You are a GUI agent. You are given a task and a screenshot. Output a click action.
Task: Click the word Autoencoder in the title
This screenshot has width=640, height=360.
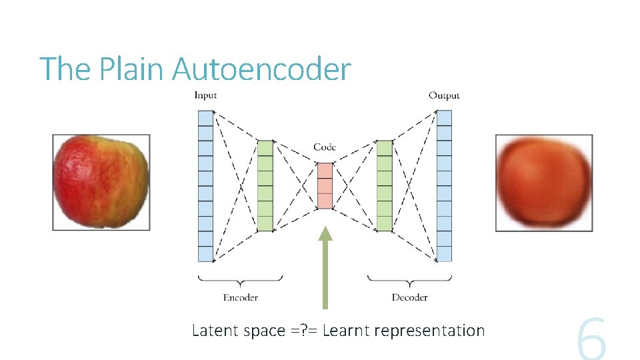pos(261,69)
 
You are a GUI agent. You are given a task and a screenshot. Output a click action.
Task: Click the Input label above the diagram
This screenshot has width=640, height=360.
pos(205,95)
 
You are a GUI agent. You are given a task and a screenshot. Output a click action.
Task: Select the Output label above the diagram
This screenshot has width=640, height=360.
pos(444,95)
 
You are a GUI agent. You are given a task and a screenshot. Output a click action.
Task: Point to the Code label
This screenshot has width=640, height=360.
pos(325,147)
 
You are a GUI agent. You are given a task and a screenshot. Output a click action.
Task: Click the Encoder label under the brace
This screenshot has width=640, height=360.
pos(241,297)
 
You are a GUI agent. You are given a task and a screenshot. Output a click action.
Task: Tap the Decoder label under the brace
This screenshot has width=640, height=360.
pos(409,297)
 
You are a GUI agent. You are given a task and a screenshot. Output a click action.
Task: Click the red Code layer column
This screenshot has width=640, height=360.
pos(325,186)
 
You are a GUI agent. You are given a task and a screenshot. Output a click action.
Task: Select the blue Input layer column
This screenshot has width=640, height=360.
pos(206,186)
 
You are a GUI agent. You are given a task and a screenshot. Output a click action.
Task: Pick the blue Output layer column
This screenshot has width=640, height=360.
pos(444,186)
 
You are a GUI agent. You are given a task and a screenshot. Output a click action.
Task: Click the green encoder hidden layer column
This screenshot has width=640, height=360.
pos(265,186)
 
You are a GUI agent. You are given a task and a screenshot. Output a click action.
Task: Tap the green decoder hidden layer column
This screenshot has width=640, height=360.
pos(385,186)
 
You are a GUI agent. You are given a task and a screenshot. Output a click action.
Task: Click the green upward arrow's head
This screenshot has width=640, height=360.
pos(325,233)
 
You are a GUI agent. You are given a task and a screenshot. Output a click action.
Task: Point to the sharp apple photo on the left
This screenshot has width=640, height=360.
pos(101,182)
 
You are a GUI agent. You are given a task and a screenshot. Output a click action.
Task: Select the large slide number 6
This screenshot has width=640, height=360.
pos(591,340)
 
